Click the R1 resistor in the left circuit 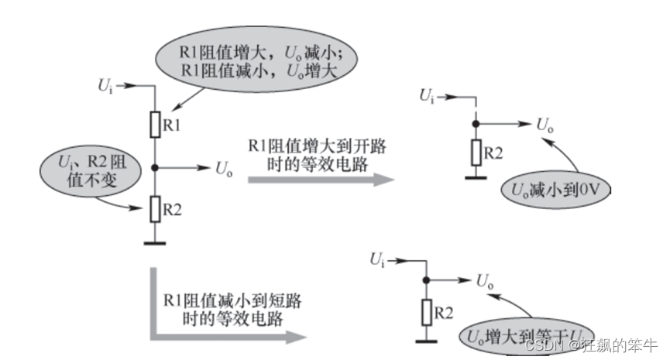[x=156, y=124]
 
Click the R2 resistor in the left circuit [x=156, y=208]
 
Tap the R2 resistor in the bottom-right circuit [x=426, y=312]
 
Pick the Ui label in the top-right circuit [x=427, y=96]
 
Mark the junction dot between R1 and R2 [x=156, y=167]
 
